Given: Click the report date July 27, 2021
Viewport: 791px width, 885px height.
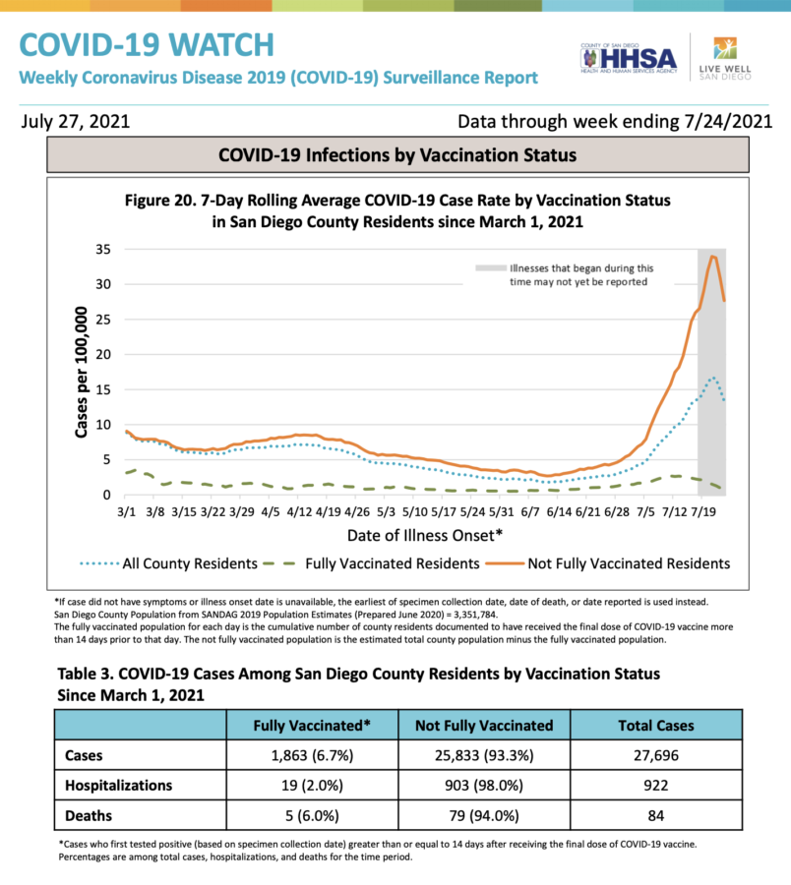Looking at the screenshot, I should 74,122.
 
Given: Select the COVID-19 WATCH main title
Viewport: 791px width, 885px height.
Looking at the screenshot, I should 147,44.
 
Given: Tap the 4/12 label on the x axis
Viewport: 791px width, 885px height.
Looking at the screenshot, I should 300,511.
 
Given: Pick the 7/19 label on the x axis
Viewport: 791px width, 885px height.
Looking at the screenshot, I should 703,511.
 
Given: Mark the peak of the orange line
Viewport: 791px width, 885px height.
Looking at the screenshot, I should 712,256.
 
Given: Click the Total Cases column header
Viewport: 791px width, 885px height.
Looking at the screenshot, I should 656,726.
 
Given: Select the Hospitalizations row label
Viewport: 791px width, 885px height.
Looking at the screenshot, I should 118,786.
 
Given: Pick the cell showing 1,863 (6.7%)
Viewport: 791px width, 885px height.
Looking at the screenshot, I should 312,755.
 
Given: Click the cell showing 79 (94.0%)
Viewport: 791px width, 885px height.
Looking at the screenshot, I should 484,815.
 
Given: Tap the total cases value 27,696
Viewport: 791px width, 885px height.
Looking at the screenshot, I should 656,755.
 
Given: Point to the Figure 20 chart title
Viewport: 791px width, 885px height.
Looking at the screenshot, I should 397,210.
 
